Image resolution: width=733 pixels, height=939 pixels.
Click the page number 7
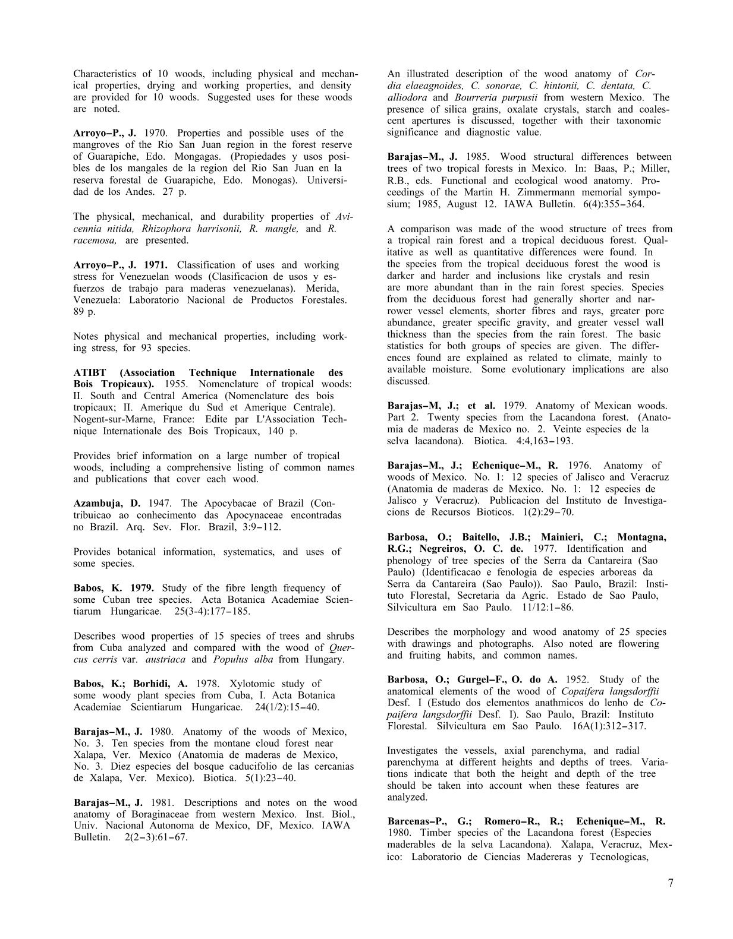click(671, 883)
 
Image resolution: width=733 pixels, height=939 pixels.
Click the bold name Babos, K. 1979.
click(114, 588)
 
